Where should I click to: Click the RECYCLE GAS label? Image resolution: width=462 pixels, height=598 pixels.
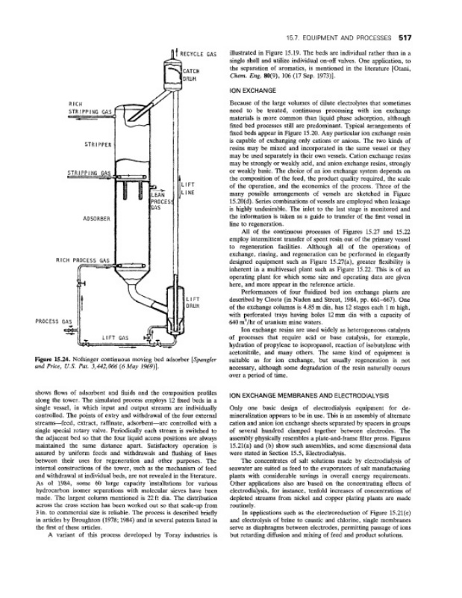tap(198, 55)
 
